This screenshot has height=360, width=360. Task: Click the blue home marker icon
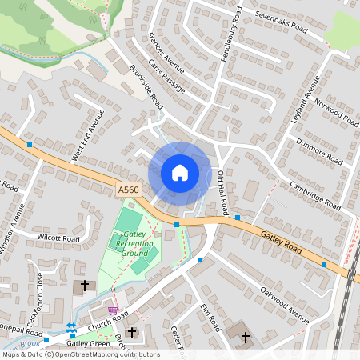tap(179, 173)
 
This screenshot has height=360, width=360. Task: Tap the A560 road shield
tap(128, 190)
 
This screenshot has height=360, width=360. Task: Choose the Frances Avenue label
tap(166, 53)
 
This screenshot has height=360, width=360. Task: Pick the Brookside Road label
tap(146, 88)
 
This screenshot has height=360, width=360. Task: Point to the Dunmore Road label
tap(319, 150)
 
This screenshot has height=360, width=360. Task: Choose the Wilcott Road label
tap(58, 238)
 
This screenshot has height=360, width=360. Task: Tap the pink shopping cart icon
tap(113, 310)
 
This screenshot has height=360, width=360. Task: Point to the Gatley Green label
tap(88, 343)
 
